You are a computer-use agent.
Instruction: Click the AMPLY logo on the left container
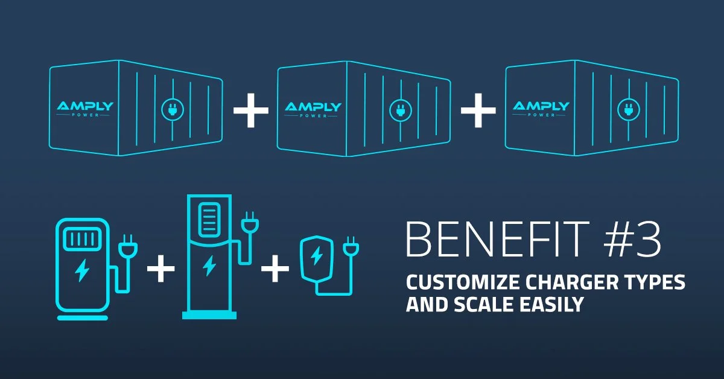[85, 107]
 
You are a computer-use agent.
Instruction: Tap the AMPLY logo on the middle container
[313, 108]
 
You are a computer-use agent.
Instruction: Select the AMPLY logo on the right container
[541, 107]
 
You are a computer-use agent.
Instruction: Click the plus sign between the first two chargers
[160, 270]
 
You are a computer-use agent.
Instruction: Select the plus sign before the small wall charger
[275, 270]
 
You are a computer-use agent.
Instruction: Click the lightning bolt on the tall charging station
[209, 264]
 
